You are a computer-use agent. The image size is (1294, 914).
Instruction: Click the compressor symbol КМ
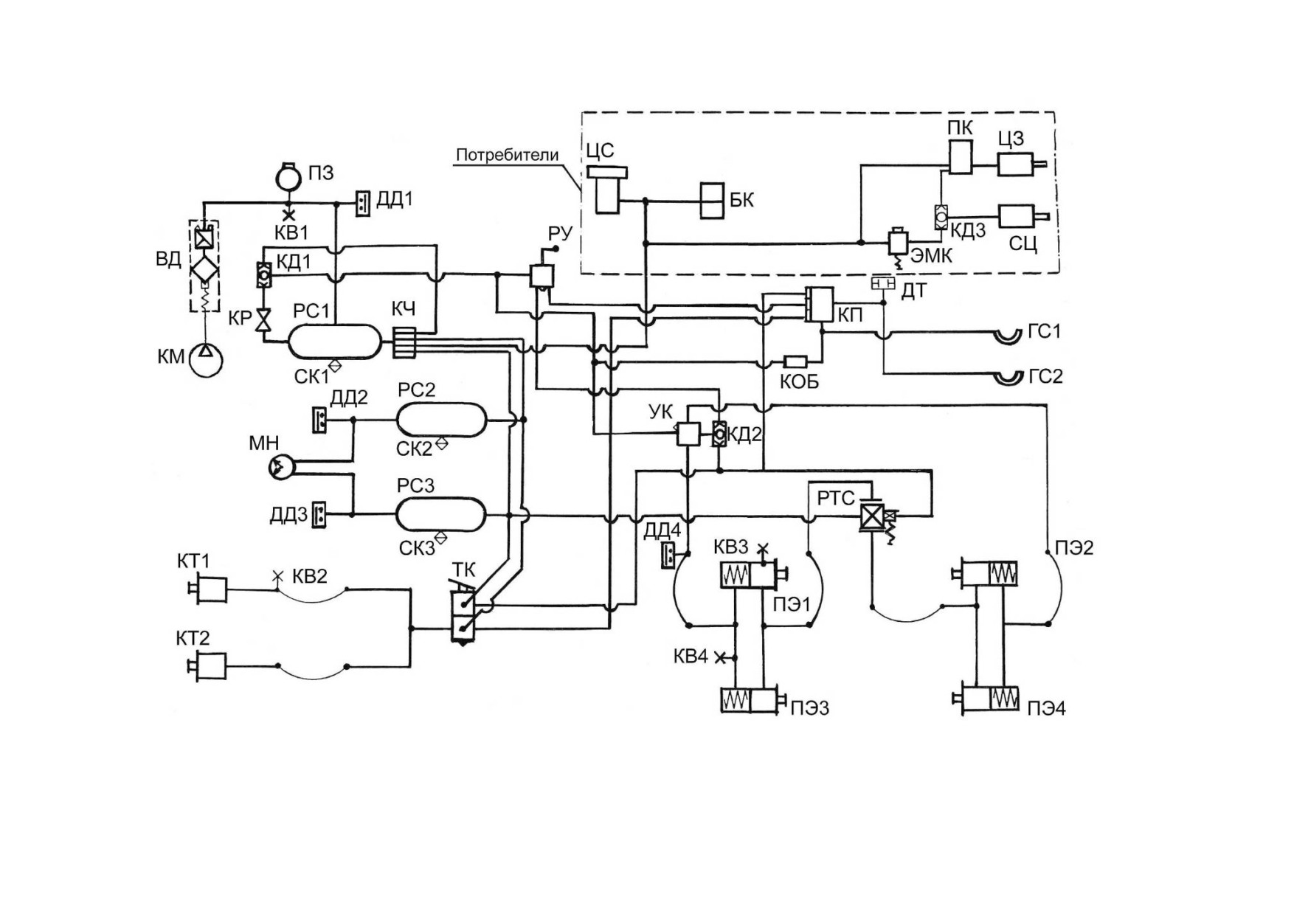[x=206, y=360]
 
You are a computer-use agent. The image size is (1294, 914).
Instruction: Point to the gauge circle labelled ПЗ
[x=288, y=176]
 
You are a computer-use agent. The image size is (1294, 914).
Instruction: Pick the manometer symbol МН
[x=281, y=466]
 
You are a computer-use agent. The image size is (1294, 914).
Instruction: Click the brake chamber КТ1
[x=209, y=589]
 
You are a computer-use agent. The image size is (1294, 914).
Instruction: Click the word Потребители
[x=507, y=156]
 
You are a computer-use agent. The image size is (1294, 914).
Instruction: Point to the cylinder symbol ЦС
[x=608, y=190]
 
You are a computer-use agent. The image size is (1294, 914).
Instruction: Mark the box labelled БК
[x=712, y=201]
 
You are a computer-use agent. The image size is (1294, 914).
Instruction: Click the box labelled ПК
[x=960, y=157]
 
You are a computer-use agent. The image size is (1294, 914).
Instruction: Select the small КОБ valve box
[x=795, y=361]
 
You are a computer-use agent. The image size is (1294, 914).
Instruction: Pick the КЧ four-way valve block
[x=405, y=342]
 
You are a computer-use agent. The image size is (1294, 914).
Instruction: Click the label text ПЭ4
[x=1046, y=708]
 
